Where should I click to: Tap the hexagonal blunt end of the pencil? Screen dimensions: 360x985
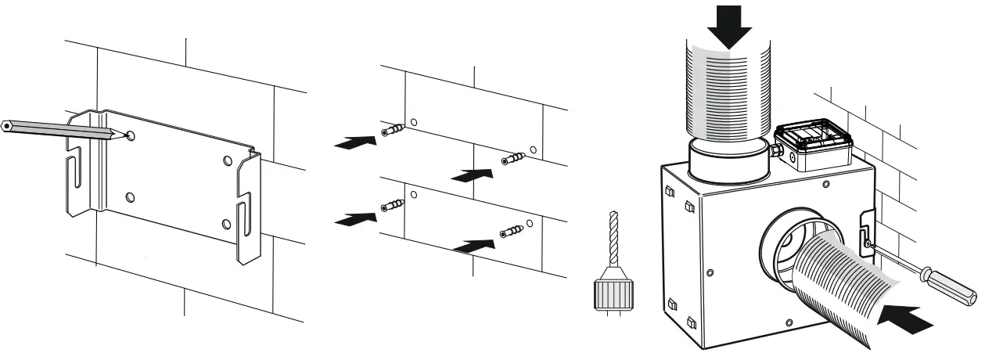pos(6,124)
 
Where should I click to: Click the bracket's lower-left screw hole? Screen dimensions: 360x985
pos(130,196)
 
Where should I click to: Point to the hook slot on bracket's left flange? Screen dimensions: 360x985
pos(76,177)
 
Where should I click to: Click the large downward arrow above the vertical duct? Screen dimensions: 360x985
pos(728,26)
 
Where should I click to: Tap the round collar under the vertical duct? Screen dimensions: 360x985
pos(728,160)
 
